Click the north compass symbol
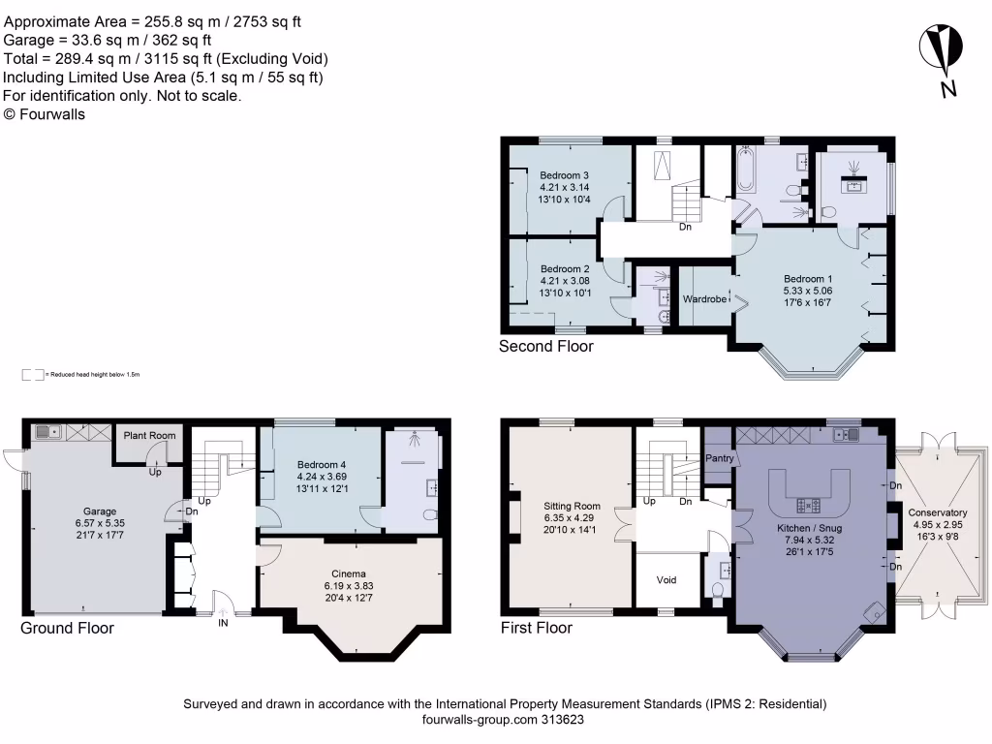(941, 49)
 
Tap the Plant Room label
(149, 436)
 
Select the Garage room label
(99, 511)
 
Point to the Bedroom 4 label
(321, 464)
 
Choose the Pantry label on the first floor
(718, 458)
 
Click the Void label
(666, 580)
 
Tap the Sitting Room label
(572, 506)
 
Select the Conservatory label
(937, 512)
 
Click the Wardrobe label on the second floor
(704, 299)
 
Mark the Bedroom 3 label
(565, 175)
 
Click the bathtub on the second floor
(745, 170)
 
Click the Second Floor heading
(545, 346)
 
